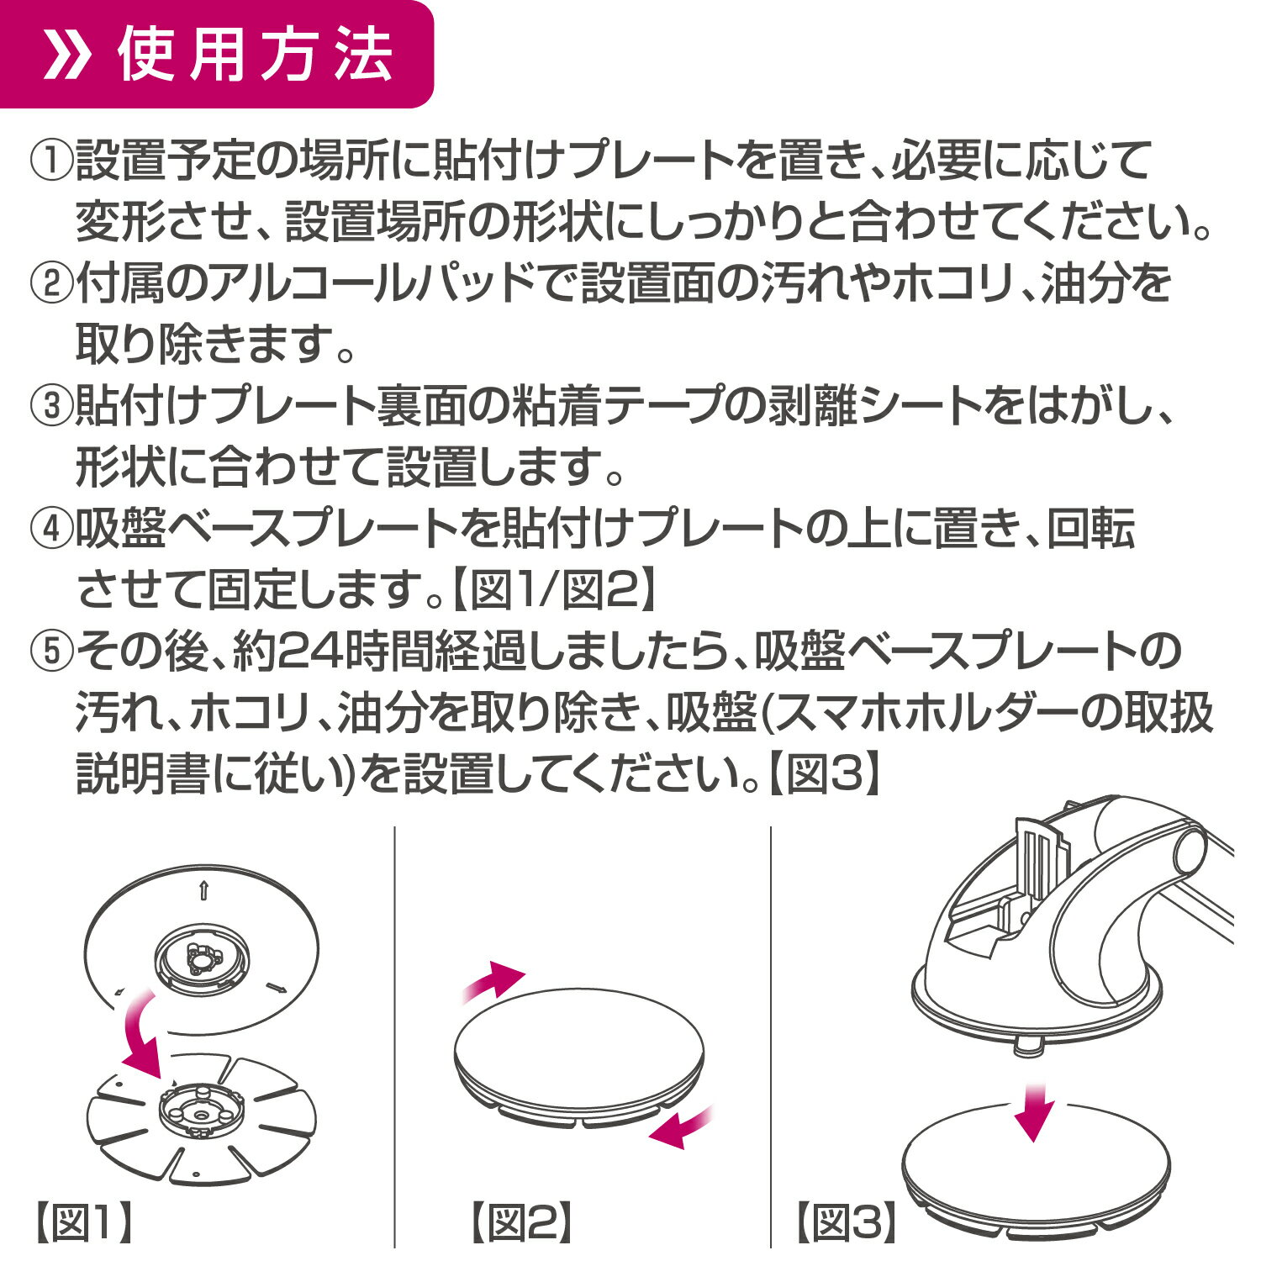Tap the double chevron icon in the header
66,56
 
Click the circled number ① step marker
52,160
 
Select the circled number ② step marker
52,283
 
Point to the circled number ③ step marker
52,406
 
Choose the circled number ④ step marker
52,529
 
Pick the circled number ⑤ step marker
52,652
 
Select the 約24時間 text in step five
325,652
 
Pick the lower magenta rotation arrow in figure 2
681,1126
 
